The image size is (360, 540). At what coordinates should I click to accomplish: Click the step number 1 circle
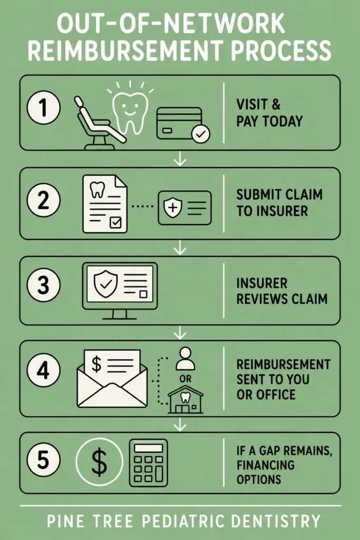click(x=43, y=107)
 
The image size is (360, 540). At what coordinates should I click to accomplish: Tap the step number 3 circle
click(x=43, y=285)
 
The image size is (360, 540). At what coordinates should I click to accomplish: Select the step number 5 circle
click(x=43, y=460)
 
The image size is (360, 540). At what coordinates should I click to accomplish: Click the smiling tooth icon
click(x=130, y=110)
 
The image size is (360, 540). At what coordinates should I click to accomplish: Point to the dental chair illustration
click(x=100, y=123)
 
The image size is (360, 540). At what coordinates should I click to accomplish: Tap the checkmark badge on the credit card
click(x=201, y=134)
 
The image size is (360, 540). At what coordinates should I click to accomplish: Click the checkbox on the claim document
click(x=115, y=223)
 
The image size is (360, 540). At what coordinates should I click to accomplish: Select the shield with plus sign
click(x=172, y=208)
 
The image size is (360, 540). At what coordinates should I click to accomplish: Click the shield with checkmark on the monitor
click(x=105, y=283)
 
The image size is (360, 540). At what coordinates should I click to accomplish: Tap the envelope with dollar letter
click(x=112, y=378)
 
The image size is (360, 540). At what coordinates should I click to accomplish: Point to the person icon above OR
click(x=186, y=358)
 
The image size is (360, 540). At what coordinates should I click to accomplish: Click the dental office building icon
click(x=186, y=400)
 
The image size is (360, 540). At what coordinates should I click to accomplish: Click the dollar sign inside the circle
click(x=99, y=462)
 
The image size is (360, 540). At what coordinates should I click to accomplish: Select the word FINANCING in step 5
click(x=265, y=465)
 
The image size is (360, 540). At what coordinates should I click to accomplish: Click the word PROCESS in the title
click(x=280, y=50)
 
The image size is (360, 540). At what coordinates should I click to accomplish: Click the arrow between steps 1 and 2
click(x=180, y=159)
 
